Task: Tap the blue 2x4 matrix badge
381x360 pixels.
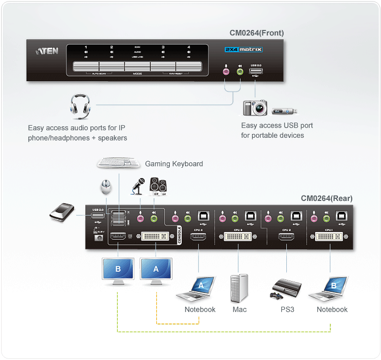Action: click(243, 49)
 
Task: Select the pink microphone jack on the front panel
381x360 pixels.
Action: click(227, 70)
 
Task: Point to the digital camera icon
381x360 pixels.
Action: click(255, 108)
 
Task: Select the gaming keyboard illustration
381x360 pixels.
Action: click(119, 163)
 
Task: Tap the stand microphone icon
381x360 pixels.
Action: click(136, 186)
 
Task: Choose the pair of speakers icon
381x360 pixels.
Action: click(157, 186)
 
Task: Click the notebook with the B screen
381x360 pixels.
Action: click(331, 288)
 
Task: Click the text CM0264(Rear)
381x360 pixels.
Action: click(327, 198)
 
